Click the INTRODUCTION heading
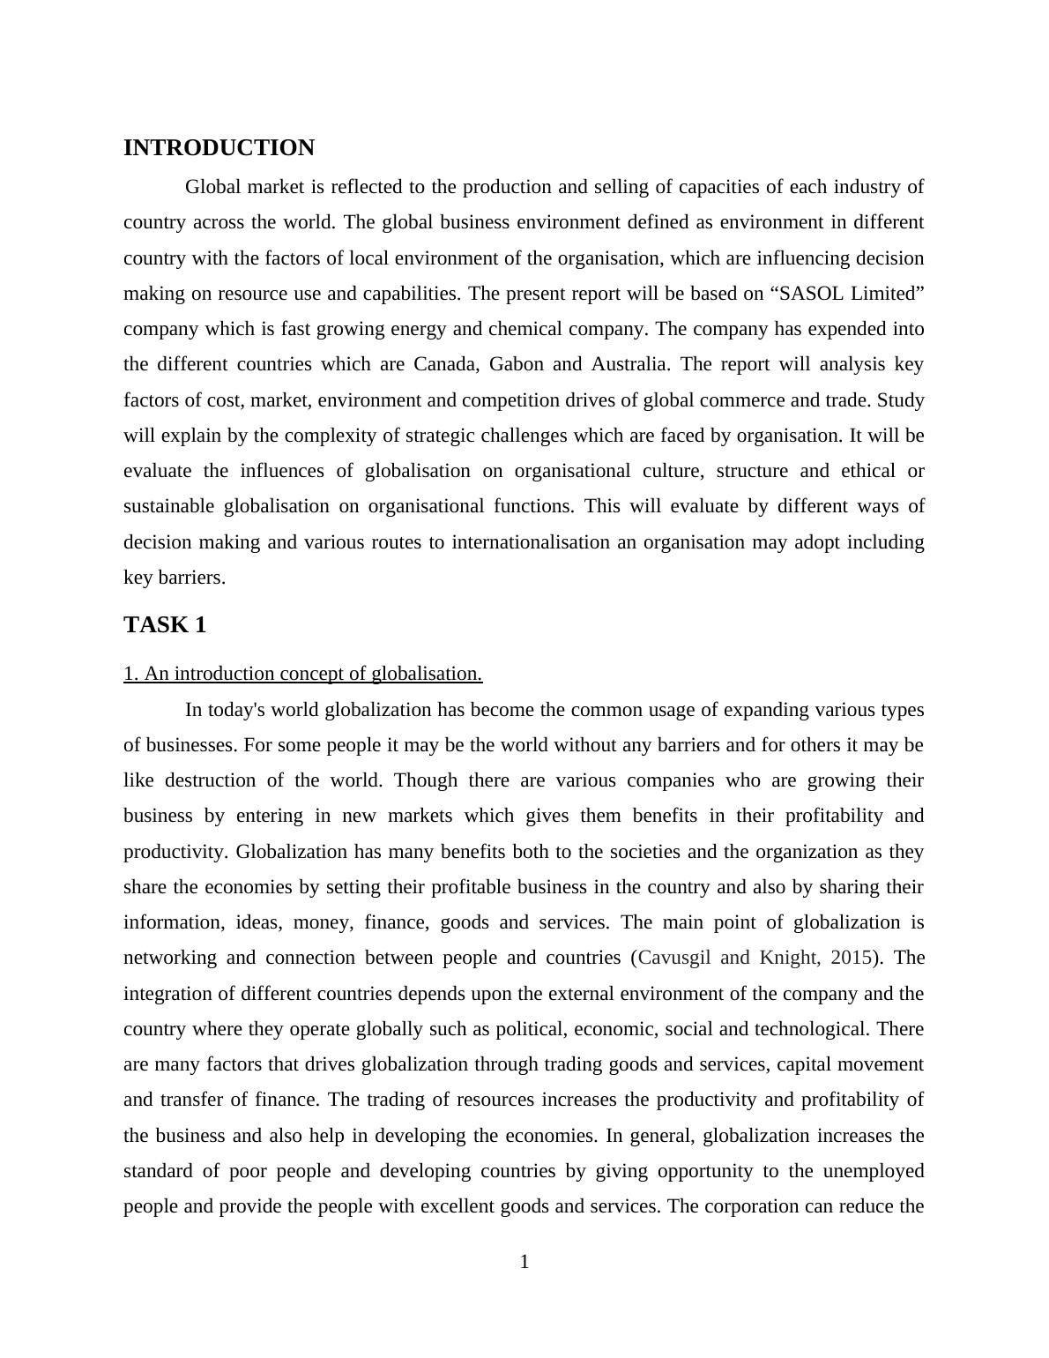pyautogui.click(x=219, y=148)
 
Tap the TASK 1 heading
pyautogui.click(x=165, y=625)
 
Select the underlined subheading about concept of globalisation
pyautogui.click(x=302, y=674)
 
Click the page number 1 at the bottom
pyautogui.click(x=524, y=1262)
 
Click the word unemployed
pyautogui.click(x=874, y=1171)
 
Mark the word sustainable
pyautogui.click(x=168, y=506)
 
